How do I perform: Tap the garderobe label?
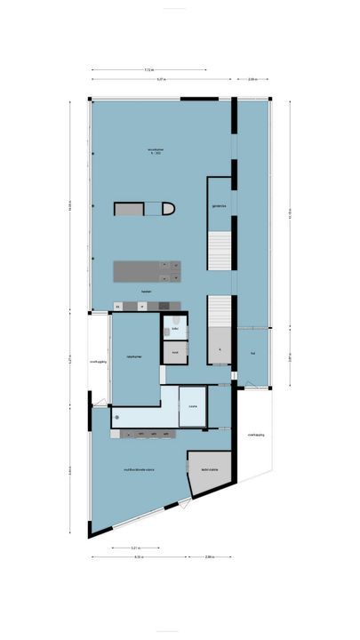click(x=219, y=206)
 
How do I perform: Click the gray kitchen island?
click(x=147, y=270)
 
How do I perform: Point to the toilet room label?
click(x=175, y=329)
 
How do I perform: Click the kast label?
click(x=175, y=352)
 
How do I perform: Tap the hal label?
click(x=253, y=353)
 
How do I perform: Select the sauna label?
click(x=192, y=407)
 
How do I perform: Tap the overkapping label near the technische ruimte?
click(x=256, y=435)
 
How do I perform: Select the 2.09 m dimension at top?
click(x=252, y=79)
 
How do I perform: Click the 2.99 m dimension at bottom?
click(x=208, y=557)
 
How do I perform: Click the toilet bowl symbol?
click(x=178, y=319)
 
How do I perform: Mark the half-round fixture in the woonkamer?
click(x=167, y=209)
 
